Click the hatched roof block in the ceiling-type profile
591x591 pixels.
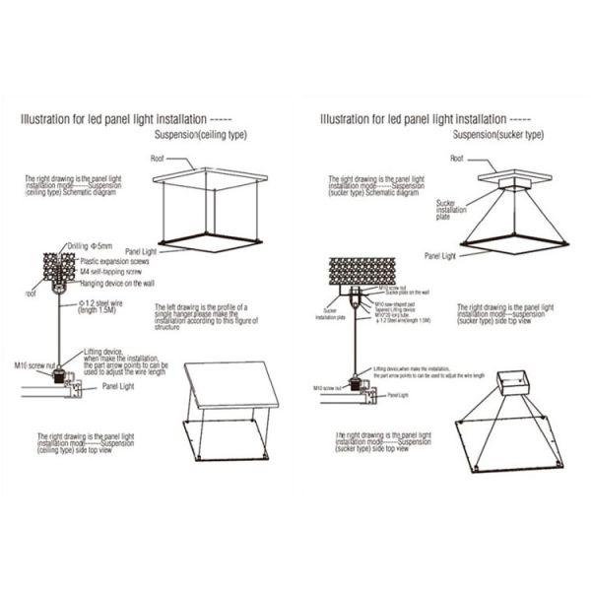[x=58, y=267]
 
